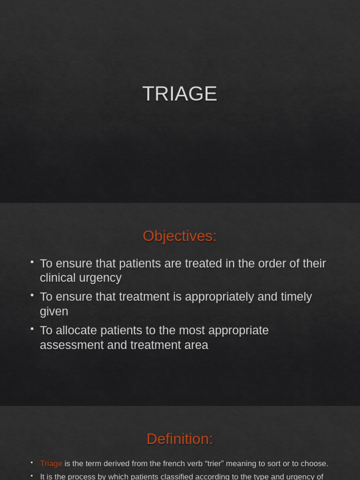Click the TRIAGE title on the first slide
(x=180, y=94)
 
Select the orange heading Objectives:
(x=180, y=236)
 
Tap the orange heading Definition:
(x=180, y=439)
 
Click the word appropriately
(x=222, y=297)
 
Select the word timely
(x=294, y=297)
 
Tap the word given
(x=54, y=311)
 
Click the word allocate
(x=74, y=330)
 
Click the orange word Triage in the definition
(x=51, y=464)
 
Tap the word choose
(x=314, y=464)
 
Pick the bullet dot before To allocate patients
(x=32, y=329)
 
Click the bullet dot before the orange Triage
(x=32, y=463)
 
